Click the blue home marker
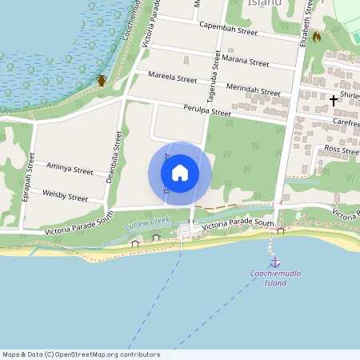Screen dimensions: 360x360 (x=180, y=172)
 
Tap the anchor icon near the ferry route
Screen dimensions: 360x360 (x=274, y=262)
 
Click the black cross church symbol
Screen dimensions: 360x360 (x=334, y=100)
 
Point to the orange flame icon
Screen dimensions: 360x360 (x=317, y=37)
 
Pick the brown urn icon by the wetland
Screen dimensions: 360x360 (x=102, y=80)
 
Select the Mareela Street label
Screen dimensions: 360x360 (x=172, y=78)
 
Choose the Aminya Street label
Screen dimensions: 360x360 (x=70, y=168)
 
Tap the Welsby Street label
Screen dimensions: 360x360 (x=65, y=195)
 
